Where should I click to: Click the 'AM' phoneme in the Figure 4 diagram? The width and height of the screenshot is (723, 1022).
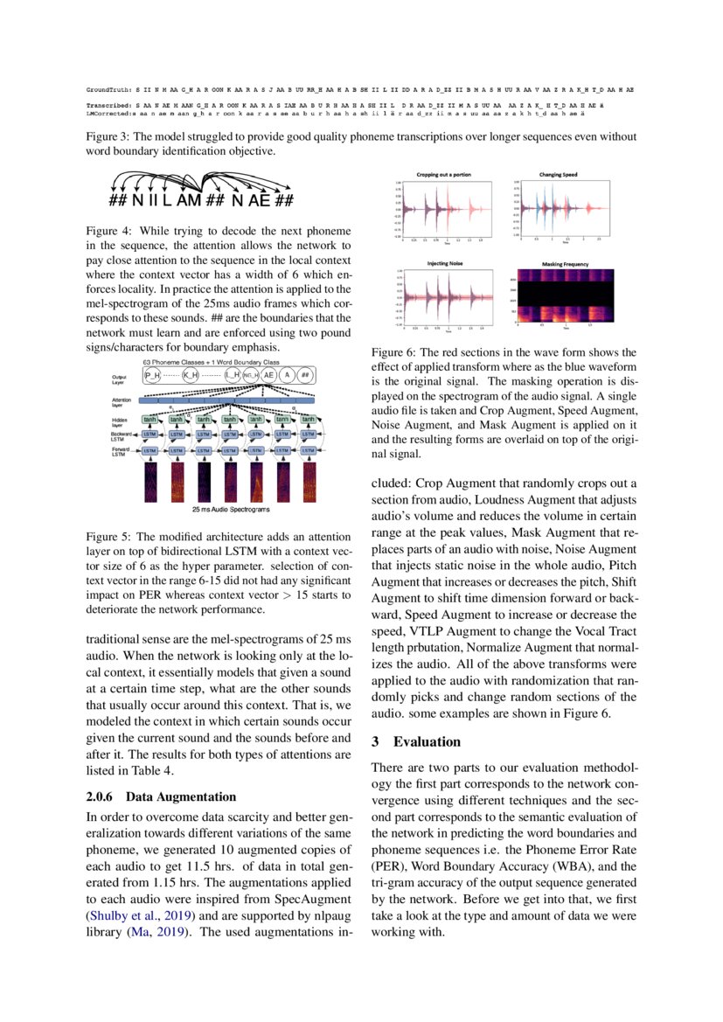tap(188, 201)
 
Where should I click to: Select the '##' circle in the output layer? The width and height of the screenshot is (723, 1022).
tap(305, 374)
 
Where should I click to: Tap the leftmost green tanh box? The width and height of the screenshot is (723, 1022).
tap(150, 419)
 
